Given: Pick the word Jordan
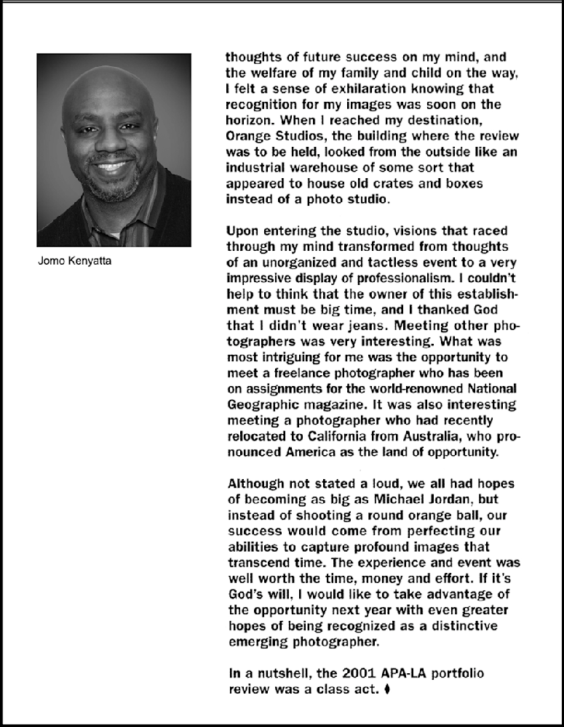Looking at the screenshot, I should tap(459, 499).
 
